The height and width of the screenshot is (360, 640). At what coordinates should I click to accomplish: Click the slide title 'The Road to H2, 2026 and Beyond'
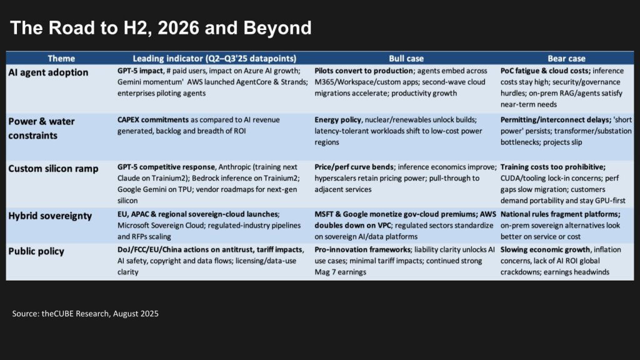[161, 27]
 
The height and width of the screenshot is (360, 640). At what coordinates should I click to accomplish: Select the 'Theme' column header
[61, 58]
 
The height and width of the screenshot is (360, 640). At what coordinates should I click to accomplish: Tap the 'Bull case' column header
[406, 58]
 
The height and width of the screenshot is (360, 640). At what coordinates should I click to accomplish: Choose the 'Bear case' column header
[566, 58]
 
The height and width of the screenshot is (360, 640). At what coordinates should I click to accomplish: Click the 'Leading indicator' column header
[214, 58]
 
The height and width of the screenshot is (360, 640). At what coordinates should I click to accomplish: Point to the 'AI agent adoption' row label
[48, 72]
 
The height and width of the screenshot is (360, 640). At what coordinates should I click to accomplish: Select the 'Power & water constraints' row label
[41, 128]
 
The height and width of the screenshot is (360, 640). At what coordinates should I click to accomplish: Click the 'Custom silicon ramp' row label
[54, 169]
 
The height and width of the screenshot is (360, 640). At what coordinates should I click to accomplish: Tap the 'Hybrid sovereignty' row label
[50, 216]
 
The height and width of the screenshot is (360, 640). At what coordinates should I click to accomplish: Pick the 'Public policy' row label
[36, 251]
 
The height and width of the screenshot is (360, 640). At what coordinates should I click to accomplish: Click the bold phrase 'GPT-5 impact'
[140, 71]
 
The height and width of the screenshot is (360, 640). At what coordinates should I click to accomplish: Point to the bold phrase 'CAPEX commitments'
[153, 119]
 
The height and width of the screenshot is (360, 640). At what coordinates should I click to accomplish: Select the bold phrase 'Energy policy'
[338, 119]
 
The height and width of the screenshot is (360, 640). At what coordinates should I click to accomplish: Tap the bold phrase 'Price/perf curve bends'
[354, 167]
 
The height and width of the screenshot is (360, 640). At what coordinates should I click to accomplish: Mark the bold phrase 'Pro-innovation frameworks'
[362, 249]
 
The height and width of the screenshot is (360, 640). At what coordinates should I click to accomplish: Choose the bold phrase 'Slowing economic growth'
[545, 249]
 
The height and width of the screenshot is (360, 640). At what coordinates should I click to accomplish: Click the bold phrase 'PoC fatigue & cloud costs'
[545, 71]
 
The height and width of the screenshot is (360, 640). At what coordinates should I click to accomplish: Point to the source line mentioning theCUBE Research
[85, 314]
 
